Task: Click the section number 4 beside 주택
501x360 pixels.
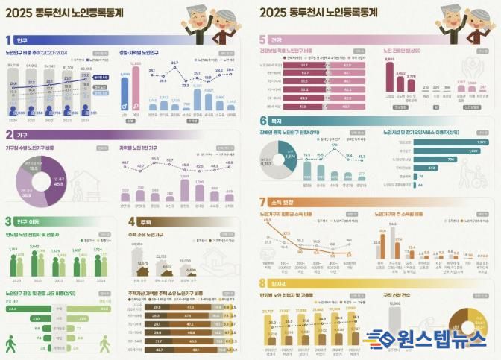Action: (x=131, y=221)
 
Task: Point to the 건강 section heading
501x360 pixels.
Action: (x=277, y=40)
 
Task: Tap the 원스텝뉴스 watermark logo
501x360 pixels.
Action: (x=435, y=338)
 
